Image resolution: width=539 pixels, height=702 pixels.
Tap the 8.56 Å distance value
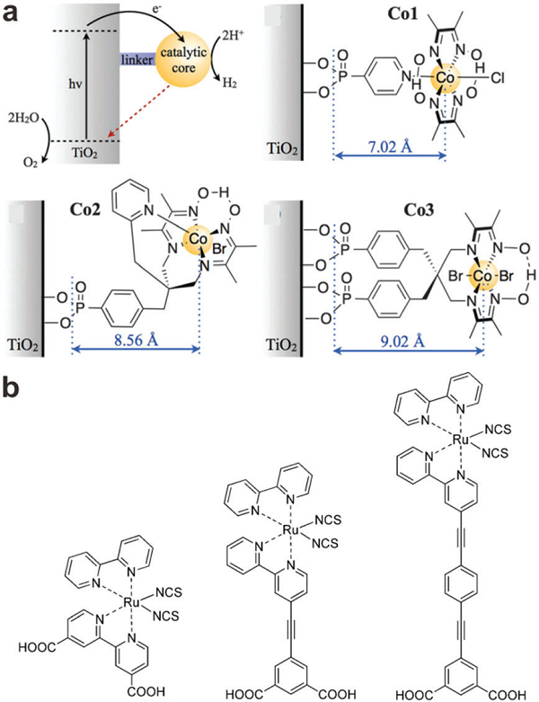coord(135,340)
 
